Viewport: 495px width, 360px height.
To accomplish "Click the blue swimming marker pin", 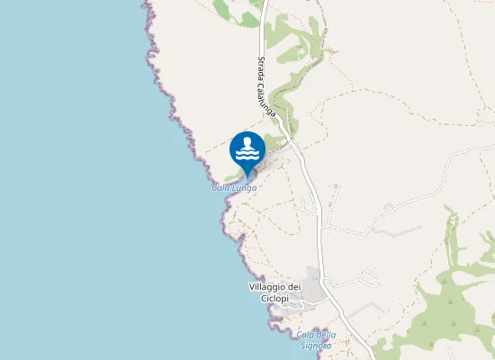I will pyautogui.click(x=247, y=149).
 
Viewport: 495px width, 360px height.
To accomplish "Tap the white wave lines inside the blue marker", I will pyautogui.click(x=247, y=154).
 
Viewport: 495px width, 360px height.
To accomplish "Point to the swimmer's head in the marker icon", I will pyautogui.click(x=247, y=140).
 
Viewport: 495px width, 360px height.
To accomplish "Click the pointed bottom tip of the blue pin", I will pyautogui.click(x=247, y=177).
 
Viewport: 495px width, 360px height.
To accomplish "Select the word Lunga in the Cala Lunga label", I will pyautogui.click(x=244, y=188).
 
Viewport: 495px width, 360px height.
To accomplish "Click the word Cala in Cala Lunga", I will pyautogui.click(x=220, y=188).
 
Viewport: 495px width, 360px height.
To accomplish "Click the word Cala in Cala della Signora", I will pyautogui.click(x=306, y=335).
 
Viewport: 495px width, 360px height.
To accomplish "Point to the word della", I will pyautogui.click(x=326, y=335).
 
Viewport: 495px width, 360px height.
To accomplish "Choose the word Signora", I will pyautogui.click(x=318, y=345).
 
